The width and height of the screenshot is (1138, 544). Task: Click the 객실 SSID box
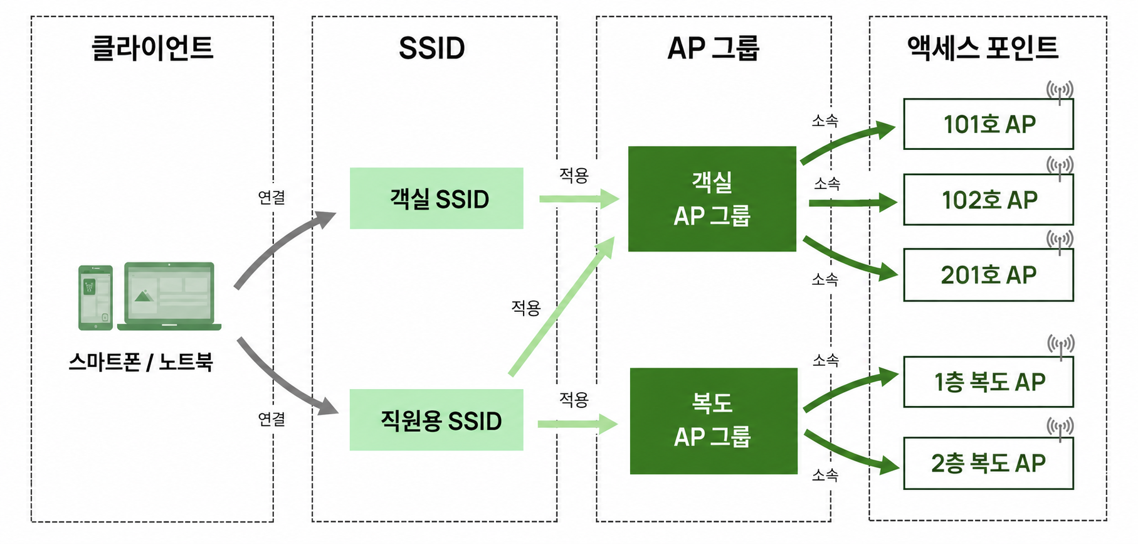pyautogui.click(x=436, y=198)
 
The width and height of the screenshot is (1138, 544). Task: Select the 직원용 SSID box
pyautogui.click(x=436, y=420)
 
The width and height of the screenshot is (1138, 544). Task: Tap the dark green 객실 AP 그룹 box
pyautogui.click(x=712, y=199)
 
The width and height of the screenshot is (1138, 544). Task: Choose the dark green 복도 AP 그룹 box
pyautogui.click(x=714, y=421)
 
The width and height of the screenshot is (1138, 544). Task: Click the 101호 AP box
pyautogui.click(x=988, y=124)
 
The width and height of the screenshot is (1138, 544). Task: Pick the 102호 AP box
pyautogui.click(x=988, y=200)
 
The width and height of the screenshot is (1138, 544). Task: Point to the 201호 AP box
pyautogui.click(x=988, y=275)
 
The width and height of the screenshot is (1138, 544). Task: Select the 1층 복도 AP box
pyautogui.click(x=988, y=381)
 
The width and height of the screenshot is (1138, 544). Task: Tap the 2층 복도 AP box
pyautogui.click(x=988, y=463)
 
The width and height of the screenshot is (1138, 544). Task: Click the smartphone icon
pyautogui.click(x=95, y=297)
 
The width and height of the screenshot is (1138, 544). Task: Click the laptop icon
pyautogui.click(x=169, y=296)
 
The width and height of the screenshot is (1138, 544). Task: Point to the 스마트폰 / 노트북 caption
pyautogui.click(x=141, y=362)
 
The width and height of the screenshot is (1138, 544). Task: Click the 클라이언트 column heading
pyautogui.click(x=152, y=48)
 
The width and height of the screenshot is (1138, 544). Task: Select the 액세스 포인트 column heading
pyautogui.click(x=983, y=48)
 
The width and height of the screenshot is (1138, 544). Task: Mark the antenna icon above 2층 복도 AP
pyautogui.click(x=1060, y=429)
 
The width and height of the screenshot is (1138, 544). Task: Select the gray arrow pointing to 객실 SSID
pyautogui.click(x=282, y=245)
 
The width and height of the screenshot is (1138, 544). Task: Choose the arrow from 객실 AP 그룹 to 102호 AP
pyautogui.click(x=853, y=203)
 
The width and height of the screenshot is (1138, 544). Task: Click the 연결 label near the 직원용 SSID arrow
pyautogui.click(x=271, y=419)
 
